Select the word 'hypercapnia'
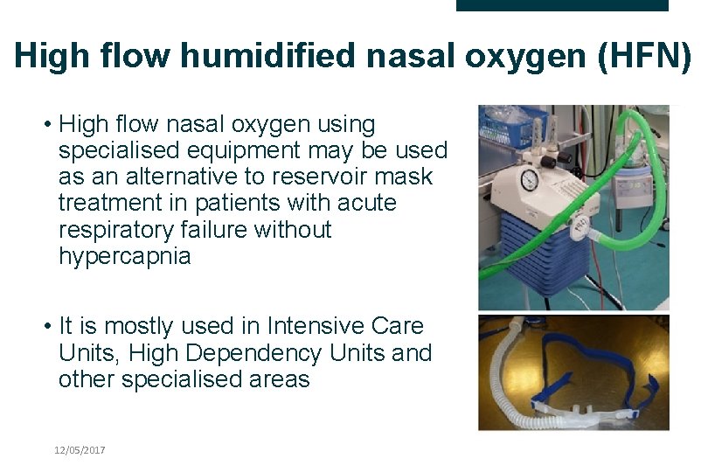124,257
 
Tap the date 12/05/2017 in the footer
79,449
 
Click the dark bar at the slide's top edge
562,5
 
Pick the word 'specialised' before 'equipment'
119,150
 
